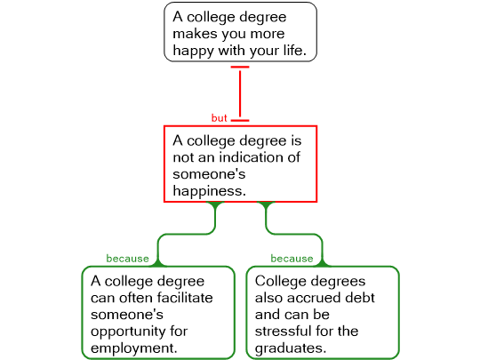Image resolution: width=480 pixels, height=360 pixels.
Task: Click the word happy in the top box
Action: pos(193,51)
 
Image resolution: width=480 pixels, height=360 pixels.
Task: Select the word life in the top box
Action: pos(293,50)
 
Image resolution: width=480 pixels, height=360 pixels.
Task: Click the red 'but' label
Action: pos(220,118)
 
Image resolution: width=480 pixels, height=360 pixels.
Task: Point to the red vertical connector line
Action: pos(240,93)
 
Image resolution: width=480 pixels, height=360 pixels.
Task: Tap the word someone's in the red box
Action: pos(209,174)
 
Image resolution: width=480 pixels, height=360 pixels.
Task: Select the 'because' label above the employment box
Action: pos(127,259)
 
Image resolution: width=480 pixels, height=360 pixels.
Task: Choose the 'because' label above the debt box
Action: pos(292,259)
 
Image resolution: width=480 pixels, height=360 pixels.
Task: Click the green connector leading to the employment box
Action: pos(187,234)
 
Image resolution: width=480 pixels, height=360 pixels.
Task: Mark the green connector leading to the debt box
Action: pos(294,234)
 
